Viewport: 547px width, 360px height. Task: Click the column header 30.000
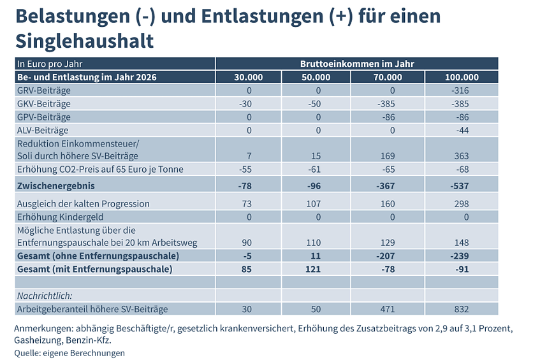tap(249, 77)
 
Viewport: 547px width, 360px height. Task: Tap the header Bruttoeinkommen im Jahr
tap(357, 64)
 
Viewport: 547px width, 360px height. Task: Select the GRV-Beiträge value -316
tap(459, 90)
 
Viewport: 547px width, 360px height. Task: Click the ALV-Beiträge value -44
tap(461, 130)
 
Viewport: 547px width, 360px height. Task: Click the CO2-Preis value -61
tap(315, 169)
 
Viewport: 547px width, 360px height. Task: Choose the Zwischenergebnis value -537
tap(458, 186)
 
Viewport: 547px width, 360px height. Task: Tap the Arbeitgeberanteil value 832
tap(461, 309)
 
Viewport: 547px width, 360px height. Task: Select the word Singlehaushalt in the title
tap(84, 41)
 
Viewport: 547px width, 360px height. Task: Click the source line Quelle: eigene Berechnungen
tap(70, 353)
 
